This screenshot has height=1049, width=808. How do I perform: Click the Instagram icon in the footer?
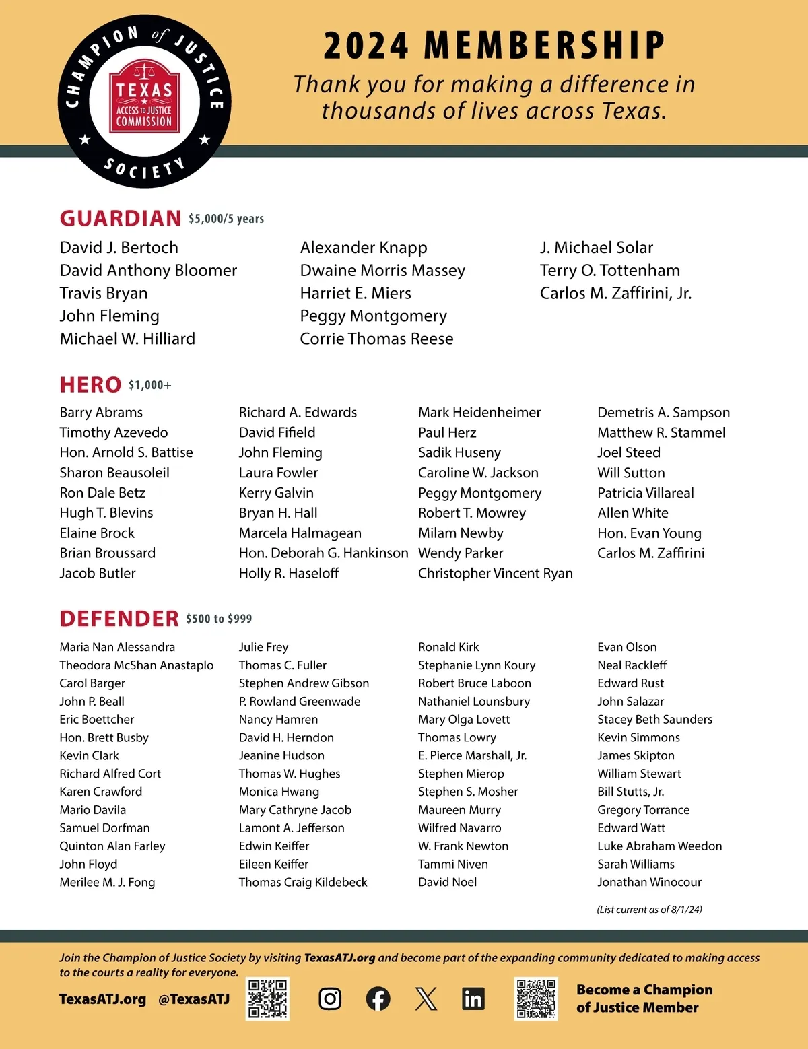[x=329, y=999]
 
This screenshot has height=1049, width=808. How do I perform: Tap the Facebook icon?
[x=378, y=999]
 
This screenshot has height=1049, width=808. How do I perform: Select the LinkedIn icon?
[x=473, y=999]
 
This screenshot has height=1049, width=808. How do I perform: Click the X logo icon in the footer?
[x=426, y=999]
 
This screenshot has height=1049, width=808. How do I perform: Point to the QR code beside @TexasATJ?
[x=267, y=999]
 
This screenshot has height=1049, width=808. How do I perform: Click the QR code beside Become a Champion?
[x=536, y=999]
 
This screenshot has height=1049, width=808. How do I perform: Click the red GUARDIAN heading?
[x=121, y=218]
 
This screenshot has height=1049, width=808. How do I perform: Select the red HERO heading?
[x=90, y=385]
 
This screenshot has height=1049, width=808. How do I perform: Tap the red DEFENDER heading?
[x=119, y=619]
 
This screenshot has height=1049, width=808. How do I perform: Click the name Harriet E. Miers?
[x=356, y=293]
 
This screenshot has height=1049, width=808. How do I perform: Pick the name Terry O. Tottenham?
[x=610, y=270]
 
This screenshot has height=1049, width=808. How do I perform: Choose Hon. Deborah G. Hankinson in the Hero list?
[x=323, y=553]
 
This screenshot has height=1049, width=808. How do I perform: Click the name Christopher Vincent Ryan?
[x=496, y=573]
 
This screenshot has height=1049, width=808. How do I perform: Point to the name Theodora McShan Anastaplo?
[x=137, y=665]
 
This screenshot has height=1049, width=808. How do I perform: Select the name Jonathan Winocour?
[x=649, y=882]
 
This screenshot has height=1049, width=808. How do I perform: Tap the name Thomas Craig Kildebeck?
[x=303, y=882]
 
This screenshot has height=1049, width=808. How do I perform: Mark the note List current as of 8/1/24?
[x=649, y=910]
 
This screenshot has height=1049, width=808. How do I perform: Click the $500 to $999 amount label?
[x=219, y=619]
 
